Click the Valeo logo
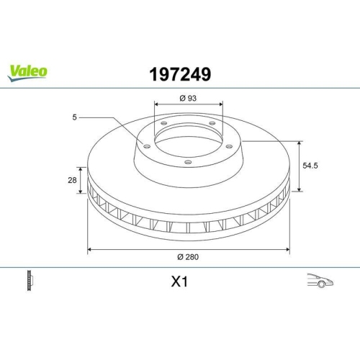(x=28, y=71)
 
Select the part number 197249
(x=179, y=73)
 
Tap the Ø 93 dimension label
(x=188, y=98)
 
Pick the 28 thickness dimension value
(x=73, y=181)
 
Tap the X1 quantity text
(x=179, y=282)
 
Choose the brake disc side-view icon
(x=30, y=281)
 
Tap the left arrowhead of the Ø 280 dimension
(x=89, y=250)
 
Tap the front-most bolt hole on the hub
(x=188, y=162)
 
